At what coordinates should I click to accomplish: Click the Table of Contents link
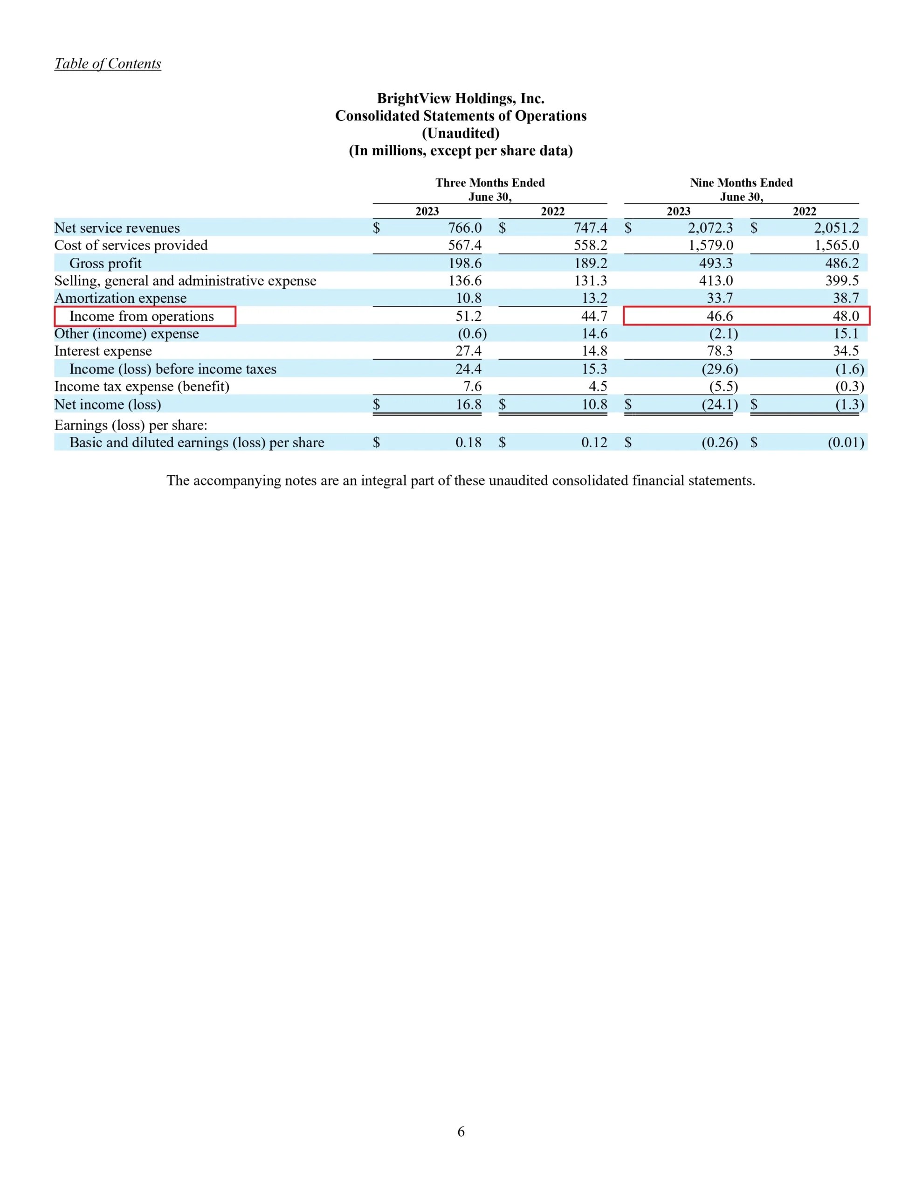point(108,63)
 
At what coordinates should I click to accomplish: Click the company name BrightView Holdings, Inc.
point(460,98)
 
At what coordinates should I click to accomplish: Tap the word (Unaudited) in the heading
point(460,133)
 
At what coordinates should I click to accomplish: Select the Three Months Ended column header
point(490,183)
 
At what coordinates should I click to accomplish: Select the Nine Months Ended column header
point(741,183)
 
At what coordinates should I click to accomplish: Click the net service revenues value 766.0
point(465,228)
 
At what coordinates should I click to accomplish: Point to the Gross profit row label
point(105,263)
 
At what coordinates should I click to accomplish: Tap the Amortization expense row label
point(120,298)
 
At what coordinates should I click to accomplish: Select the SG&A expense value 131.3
point(590,280)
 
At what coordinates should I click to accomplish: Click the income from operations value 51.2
point(468,316)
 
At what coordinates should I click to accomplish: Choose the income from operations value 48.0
point(846,316)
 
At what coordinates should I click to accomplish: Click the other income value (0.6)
point(472,333)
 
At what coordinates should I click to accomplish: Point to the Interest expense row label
point(103,351)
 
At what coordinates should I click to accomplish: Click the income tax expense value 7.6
point(472,387)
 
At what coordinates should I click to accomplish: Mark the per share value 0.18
point(468,442)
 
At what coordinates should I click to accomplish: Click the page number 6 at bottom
point(461,1132)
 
